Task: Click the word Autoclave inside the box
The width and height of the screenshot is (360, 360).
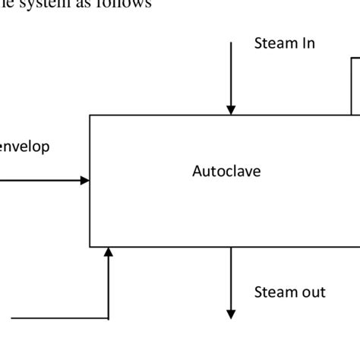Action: coord(226,172)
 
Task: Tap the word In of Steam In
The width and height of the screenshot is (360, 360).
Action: coord(307,43)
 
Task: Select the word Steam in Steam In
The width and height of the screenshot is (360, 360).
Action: coord(274,43)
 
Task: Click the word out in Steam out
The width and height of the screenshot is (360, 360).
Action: coord(311,292)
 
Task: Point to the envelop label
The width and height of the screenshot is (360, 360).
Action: coord(25,147)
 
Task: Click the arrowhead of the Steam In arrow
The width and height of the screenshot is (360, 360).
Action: coord(232,110)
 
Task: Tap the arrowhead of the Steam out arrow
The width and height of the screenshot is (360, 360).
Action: coord(232,314)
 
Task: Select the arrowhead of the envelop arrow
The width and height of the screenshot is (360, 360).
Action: coord(85,181)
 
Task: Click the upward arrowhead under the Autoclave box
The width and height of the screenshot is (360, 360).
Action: coord(109,252)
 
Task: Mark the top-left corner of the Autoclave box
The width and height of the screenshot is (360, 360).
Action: coord(90,115)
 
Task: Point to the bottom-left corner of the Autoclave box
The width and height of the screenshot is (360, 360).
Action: coord(90,247)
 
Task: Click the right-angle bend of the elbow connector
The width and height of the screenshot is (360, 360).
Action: coord(109,317)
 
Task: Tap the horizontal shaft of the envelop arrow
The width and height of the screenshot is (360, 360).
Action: coord(38,181)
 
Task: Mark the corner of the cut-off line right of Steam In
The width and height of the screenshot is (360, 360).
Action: coord(352,58)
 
